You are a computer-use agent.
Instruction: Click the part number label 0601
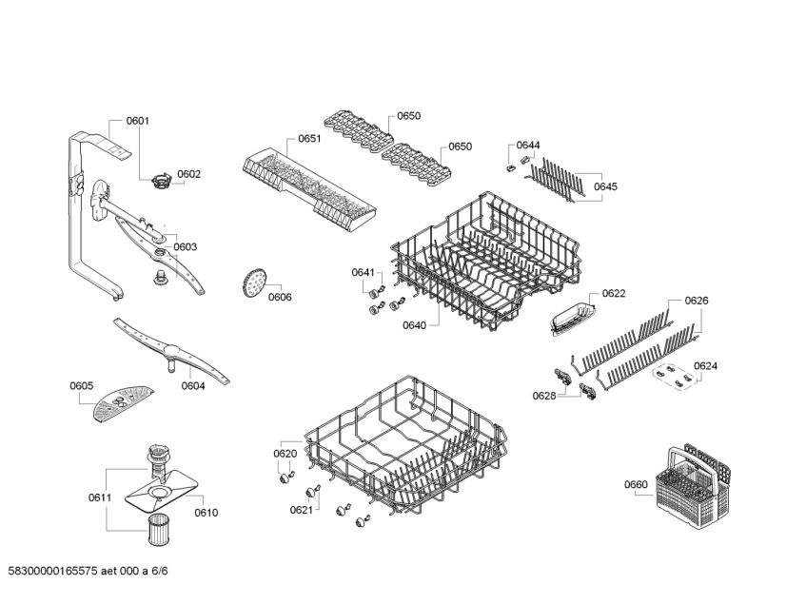point(138,121)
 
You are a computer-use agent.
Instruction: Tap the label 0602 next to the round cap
point(188,174)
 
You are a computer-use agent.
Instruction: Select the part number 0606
point(280,297)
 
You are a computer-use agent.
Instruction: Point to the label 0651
point(309,138)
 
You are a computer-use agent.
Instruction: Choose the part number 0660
point(636,485)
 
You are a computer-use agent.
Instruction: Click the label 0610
point(206,513)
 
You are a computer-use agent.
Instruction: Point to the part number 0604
point(193,385)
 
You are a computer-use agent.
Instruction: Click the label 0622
point(614,294)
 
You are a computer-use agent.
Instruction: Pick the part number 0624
point(705,366)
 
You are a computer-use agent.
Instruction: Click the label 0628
point(543,396)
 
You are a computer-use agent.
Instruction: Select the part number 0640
point(415,324)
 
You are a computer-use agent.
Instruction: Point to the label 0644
point(528,146)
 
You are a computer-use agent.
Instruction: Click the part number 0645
point(605,186)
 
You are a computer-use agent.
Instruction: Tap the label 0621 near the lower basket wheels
point(302,510)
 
